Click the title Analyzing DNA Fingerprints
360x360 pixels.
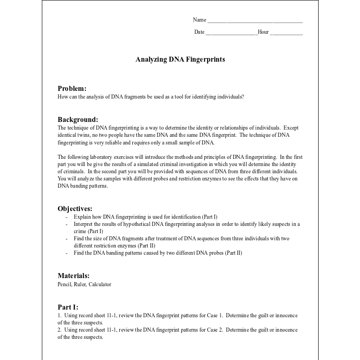tap(180, 59)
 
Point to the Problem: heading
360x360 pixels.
tap(72, 89)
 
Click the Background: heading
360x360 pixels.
tap(78, 120)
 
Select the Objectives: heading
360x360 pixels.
tap(75, 209)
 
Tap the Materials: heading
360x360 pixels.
tap(73, 276)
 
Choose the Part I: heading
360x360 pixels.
tap(68, 307)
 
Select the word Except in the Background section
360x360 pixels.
tap(291, 128)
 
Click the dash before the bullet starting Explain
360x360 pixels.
tap(67, 216)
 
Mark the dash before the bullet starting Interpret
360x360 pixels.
tap(67, 224)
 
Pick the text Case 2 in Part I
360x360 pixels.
tap(216, 330)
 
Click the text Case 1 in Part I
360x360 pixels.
tap(216, 315)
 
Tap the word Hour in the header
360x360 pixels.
tap(263, 32)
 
